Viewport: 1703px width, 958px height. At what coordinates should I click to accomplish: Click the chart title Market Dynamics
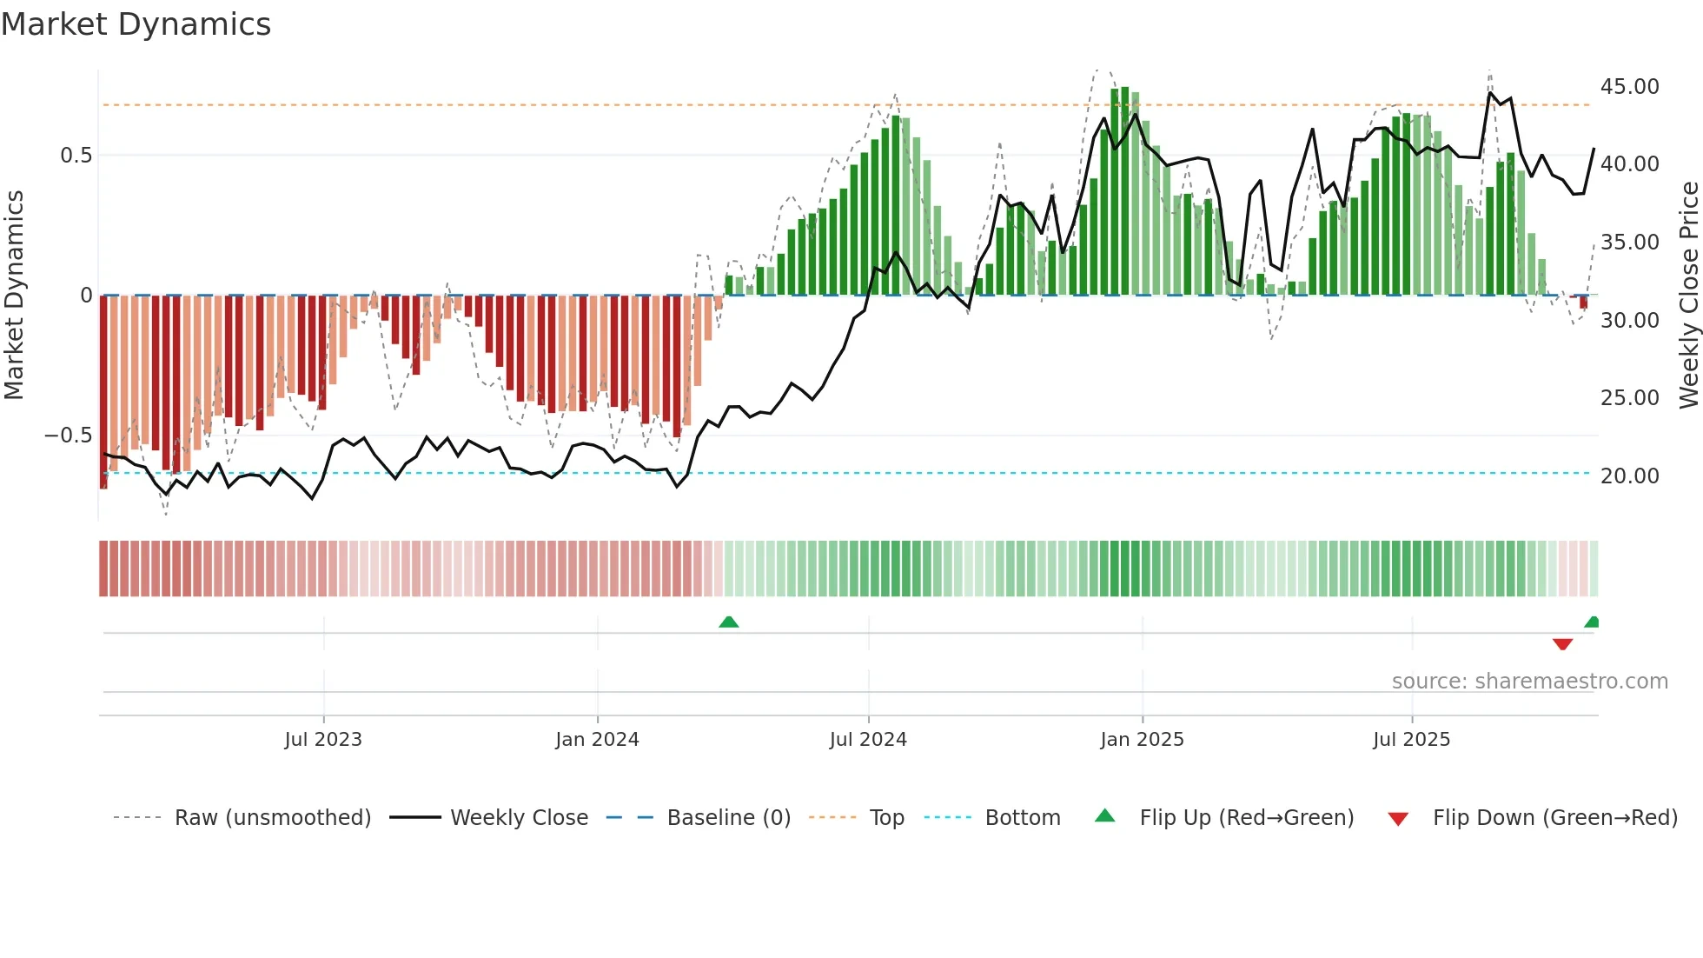click(x=136, y=24)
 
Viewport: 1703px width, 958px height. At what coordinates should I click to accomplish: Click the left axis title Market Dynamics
click(x=14, y=295)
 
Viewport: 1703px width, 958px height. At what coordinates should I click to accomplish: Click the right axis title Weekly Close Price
click(x=1688, y=295)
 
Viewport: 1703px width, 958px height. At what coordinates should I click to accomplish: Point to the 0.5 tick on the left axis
click(x=76, y=156)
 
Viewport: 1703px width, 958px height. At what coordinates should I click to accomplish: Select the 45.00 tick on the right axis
click(x=1629, y=87)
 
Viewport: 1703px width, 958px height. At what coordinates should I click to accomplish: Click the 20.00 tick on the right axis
click(x=1629, y=476)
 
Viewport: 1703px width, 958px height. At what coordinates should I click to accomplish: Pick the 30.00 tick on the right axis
click(x=1629, y=321)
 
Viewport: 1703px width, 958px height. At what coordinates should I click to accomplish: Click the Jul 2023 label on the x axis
click(x=323, y=740)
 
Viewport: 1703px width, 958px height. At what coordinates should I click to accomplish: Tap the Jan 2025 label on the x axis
click(x=1142, y=740)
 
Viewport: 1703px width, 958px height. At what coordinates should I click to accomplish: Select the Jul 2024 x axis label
click(x=868, y=740)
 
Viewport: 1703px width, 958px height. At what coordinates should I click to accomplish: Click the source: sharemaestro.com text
click(x=1529, y=682)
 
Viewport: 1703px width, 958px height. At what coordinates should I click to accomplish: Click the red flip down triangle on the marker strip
click(x=1562, y=644)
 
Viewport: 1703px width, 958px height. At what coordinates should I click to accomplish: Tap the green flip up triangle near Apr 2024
click(x=729, y=622)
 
